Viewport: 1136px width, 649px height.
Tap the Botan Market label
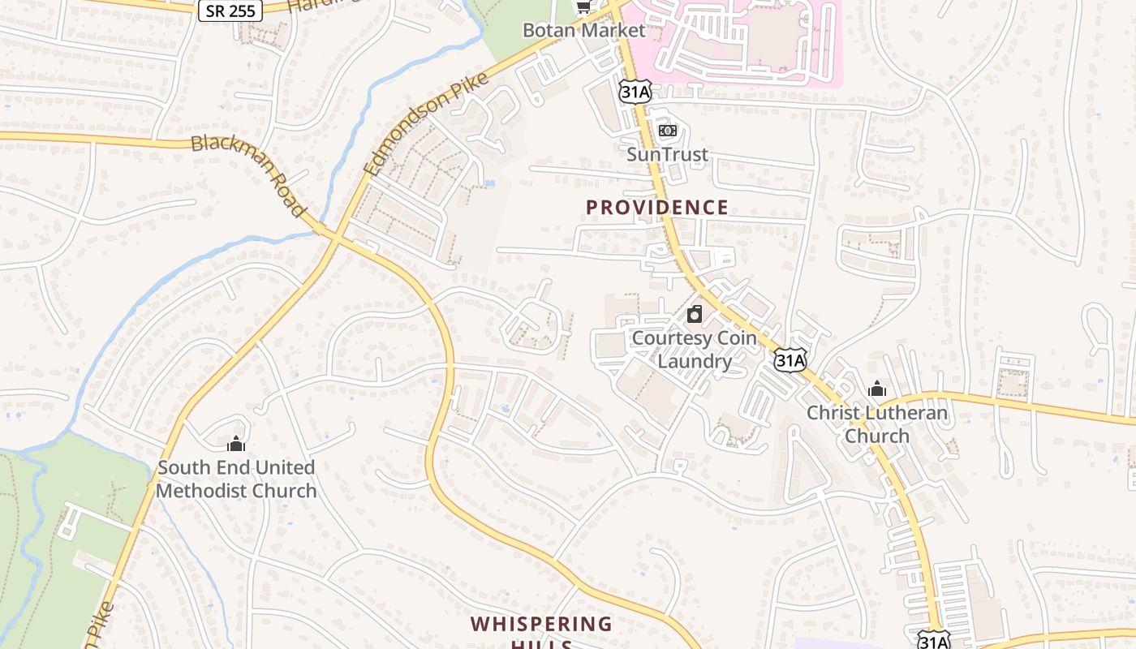coord(583,31)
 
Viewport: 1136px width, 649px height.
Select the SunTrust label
coord(667,154)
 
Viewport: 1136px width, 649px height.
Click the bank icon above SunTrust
coord(667,131)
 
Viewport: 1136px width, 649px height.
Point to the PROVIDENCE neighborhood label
coord(657,208)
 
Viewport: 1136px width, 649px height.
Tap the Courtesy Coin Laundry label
coord(694,350)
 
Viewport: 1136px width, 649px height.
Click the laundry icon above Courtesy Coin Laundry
coord(695,314)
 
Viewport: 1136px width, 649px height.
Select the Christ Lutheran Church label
coord(876,424)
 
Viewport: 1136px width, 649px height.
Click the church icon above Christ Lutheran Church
coord(876,389)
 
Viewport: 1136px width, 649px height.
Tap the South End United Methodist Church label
coord(236,479)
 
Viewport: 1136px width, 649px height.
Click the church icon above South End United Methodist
coord(236,444)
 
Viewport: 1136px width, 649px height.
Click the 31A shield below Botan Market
coord(635,91)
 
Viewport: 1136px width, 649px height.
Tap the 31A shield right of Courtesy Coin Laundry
coord(790,359)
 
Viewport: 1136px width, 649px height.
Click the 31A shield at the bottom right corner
coord(933,641)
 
